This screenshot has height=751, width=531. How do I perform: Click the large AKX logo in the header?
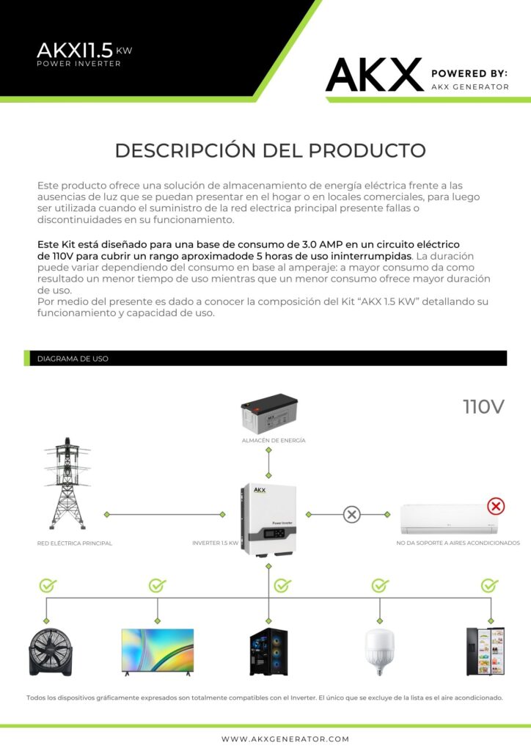375,75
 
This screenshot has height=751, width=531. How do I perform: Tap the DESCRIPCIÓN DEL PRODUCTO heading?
270,150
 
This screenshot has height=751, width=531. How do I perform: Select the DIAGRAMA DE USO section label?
73,359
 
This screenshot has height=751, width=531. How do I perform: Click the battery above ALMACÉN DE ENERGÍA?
269,414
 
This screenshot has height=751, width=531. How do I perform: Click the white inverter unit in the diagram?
268,520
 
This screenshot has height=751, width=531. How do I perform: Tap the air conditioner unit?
449,519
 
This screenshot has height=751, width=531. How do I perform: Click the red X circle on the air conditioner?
496,506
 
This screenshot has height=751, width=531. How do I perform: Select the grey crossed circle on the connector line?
352,514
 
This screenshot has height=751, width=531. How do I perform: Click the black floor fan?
51,652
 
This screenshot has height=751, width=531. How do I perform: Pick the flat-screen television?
158,652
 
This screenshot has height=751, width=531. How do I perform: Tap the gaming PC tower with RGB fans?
268,652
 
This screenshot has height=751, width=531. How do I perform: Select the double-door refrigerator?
486,651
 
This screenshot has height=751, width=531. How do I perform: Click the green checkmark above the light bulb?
380,585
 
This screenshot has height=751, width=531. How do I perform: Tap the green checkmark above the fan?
48,585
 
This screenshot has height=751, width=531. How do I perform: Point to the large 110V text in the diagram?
483,406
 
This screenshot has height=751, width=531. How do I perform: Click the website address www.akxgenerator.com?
285,739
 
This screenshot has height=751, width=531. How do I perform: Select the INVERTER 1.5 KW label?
216,543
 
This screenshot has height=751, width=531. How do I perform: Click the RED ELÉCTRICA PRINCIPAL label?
75,543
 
